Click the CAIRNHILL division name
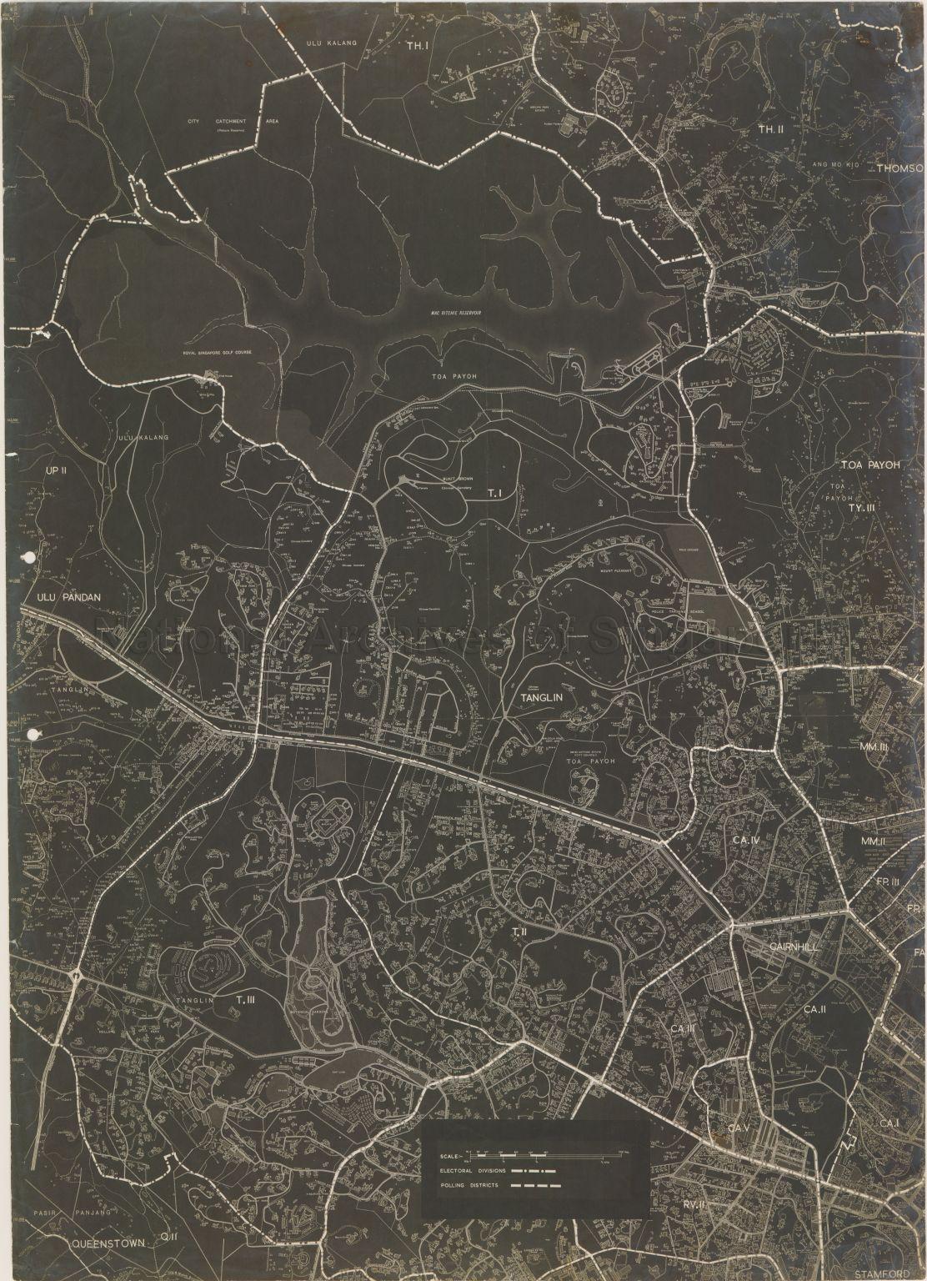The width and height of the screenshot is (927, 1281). (x=797, y=947)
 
